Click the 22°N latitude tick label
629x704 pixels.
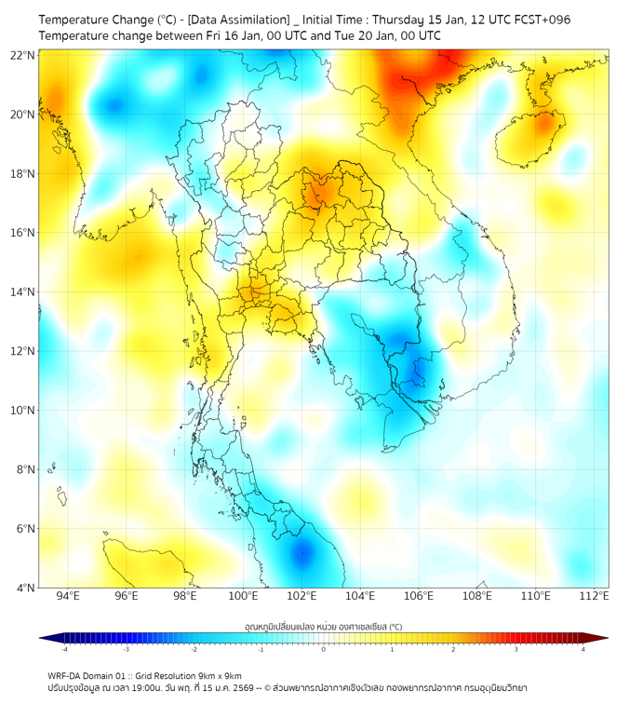23,55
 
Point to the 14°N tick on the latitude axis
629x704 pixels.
23,292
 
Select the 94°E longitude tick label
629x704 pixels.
68,596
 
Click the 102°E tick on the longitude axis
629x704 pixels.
302,596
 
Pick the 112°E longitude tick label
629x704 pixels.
594,596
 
